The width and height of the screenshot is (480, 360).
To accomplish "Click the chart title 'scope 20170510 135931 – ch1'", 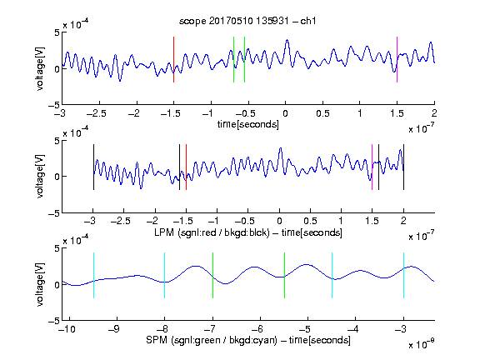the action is (247, 21).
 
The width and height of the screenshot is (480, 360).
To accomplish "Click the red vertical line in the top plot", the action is (173, 59).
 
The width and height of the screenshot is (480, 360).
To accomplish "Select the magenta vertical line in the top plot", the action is (397, 59).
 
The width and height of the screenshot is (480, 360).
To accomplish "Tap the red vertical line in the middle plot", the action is (186, 167).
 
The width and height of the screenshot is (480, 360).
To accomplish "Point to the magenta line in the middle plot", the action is (372, 167).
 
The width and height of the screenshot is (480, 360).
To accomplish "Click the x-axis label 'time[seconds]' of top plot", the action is (248, 124).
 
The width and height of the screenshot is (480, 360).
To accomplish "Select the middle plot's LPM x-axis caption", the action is (248, 232).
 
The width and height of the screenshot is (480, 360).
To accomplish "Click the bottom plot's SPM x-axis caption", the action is (248, 340).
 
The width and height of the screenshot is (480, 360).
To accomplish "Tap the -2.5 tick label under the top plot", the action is (97, 113).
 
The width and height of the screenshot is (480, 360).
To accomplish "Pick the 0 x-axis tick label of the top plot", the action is (285, 113).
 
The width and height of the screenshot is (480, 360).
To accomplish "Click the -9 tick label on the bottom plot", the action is (114, 329).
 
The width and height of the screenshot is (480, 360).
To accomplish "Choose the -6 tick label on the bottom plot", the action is (257, 329).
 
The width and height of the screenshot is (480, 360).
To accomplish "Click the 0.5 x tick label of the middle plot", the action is (310, 221).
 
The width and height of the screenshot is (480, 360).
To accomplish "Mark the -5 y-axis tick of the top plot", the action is (54, 105).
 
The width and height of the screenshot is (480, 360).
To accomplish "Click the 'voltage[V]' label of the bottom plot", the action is (40, 284).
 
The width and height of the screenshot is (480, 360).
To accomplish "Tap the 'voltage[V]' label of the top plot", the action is (40, 68).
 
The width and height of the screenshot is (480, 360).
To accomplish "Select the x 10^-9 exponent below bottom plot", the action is (421, 344).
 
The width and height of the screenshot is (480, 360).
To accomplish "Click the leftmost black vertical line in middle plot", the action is (93, 167).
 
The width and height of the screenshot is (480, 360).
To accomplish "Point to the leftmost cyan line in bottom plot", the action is (93, 275).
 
